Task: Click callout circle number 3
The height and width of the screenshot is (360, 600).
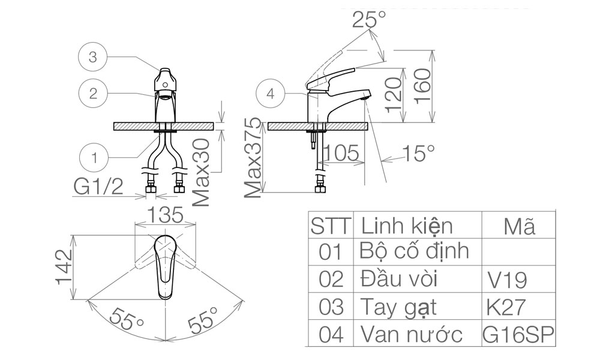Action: [92, 58]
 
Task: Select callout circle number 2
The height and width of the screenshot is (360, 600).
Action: [93, 94]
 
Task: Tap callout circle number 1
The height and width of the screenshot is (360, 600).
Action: [94, 158]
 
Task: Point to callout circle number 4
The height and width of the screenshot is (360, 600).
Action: [271, 94]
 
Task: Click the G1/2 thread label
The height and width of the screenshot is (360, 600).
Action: [98, 187]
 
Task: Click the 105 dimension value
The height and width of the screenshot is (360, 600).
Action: [343, 153]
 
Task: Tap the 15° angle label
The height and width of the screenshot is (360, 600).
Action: [418, 154]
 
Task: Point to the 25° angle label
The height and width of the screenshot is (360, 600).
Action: [369, 20]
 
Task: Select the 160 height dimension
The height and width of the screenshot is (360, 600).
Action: [424, 86]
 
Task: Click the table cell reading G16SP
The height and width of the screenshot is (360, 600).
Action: [518, 335]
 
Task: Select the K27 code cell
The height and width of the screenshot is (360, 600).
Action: [507, 307]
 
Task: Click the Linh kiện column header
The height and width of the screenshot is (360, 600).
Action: [406, 226]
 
